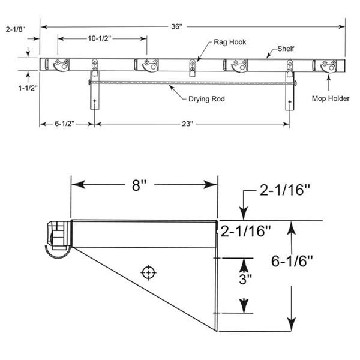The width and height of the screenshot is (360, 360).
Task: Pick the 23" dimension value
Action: point(188,124)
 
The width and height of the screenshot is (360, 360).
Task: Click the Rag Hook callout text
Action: point(230,43)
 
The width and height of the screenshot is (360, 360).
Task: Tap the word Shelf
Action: point(285,48)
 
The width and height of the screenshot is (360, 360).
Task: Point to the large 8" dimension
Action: point(139,185)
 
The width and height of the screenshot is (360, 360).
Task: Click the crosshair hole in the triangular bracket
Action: point(147,273)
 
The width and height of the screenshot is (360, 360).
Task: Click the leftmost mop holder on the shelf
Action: point(59,65)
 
